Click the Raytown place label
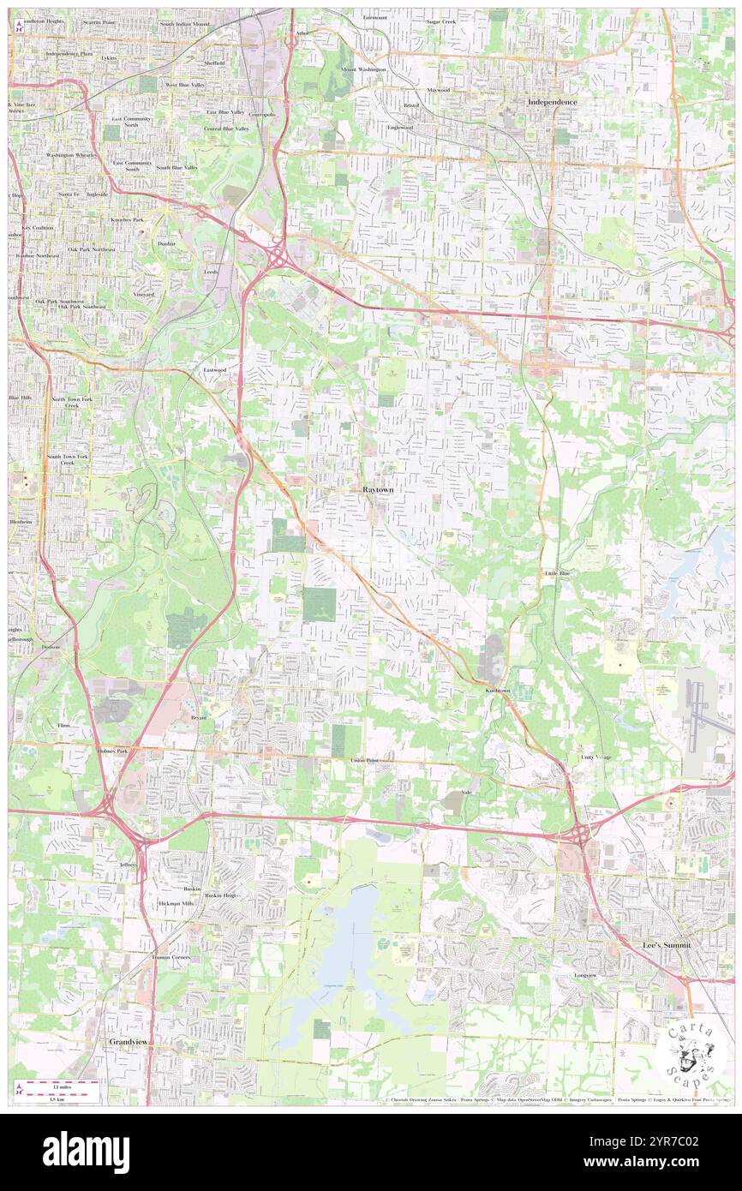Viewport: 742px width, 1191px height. point(378,488)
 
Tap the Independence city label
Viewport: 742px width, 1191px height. point(552,101)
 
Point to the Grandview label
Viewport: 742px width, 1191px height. point(129,1041)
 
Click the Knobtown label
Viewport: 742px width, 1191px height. point(498,690)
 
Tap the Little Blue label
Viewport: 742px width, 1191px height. point(557,572)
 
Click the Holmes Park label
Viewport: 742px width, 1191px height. point(111,751)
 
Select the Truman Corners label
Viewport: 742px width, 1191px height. point(171,956)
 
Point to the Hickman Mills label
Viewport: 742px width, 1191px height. point(177,903)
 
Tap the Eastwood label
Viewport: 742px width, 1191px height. point(214,369)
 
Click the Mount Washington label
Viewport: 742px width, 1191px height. point(363,69)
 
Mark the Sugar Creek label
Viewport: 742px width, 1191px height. point(440,19)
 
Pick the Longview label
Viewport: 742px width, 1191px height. point(590,975)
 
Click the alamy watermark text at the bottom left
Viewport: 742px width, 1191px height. point(86,1152)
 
